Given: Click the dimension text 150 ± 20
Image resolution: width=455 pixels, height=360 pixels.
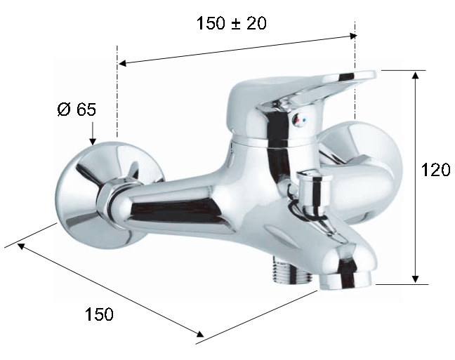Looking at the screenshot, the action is (231, 23).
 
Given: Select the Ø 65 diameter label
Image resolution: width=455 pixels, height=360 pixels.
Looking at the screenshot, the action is (77, 109).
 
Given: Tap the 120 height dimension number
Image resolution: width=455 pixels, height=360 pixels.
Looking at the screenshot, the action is (435, 170).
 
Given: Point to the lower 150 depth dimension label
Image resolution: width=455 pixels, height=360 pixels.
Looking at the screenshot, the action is (99, 314).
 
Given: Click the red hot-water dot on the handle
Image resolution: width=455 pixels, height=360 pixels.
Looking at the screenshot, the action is (296, 119).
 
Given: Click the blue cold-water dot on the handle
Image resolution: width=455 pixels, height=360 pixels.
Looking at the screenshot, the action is (303, 119).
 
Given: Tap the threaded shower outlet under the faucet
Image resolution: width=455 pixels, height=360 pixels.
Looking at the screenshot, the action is (291, 272).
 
